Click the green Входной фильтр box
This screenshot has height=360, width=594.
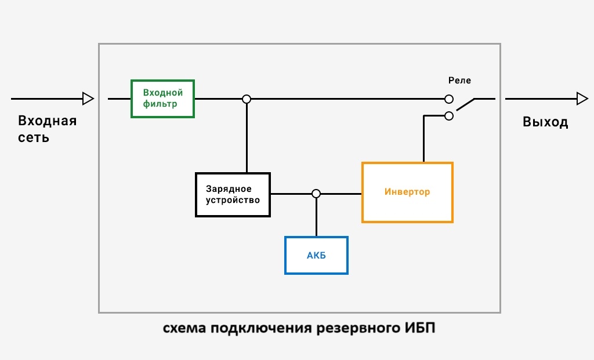162,99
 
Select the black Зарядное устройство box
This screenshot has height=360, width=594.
233,194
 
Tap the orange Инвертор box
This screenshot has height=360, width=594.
407,192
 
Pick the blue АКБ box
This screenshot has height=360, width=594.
316,255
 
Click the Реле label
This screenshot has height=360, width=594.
459,81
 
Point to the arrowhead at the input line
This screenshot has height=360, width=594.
88,99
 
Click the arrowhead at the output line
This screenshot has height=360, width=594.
582,99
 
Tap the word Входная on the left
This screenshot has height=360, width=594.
47,121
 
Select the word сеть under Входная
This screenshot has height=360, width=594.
34,138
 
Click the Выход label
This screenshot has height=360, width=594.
545,122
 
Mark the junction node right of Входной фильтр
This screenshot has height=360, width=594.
247,99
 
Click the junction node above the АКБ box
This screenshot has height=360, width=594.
316,194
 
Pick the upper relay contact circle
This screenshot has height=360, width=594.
448,99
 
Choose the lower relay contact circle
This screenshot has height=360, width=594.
448,116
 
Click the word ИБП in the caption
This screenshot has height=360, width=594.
419,329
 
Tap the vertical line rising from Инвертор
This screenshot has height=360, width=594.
423,139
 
